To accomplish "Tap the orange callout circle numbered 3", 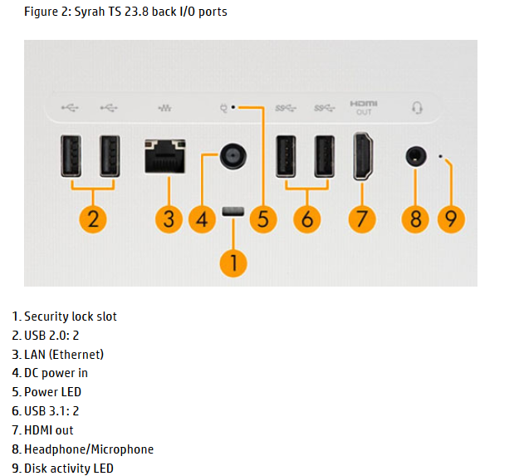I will point(169,219).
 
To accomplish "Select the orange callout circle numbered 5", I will point(262,219).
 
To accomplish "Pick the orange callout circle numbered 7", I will point(361,219).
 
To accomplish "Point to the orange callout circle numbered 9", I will point(451,219).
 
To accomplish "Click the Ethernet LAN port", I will point(164,155).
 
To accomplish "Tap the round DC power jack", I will point(233,155).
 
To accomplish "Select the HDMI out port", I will point(364,156).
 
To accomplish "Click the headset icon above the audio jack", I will point(417,107).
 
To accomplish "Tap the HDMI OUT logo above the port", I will point(364,107).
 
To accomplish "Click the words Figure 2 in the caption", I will point(47,12).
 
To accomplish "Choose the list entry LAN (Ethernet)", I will point(63,355).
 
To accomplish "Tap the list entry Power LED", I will point(52,392).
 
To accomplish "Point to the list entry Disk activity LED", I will point(68,469).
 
